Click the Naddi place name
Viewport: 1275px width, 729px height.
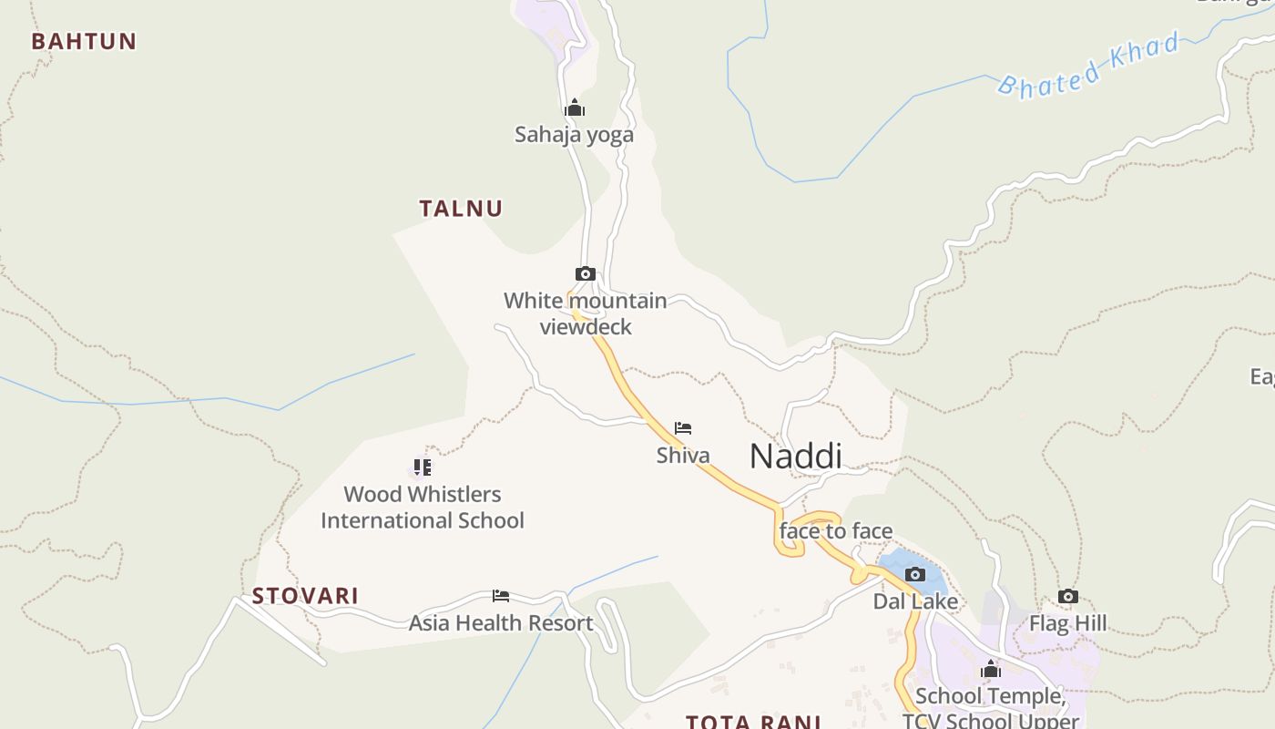(x=795, y=457)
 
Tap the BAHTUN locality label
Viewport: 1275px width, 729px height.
(x=84, y=41)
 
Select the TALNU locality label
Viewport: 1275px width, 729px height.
(x=461, y=208)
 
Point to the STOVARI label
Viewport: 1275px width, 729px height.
(x=305, y=596)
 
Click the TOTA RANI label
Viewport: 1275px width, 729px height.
(x=754, y=722)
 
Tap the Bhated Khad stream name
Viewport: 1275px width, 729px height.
(x=1089, y=64)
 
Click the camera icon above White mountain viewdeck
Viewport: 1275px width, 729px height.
(x=586, y=273)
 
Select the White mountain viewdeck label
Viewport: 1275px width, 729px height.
(x=586, y=313)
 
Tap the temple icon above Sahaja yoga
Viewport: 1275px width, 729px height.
(x=574, y=108)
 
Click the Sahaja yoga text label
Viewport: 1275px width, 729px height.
(x=574, y=135)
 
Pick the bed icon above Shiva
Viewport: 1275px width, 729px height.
(x=683, y=428)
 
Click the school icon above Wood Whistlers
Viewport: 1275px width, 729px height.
(x=422, y=467)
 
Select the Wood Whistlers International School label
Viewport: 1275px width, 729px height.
(x=423, y=508)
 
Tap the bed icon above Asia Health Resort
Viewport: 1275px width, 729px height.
(x=500, y=596)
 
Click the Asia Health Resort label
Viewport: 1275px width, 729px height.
(x=501, y=623)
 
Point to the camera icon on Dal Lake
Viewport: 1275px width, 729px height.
(x=915, y=574)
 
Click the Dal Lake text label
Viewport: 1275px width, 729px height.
(x=915, y=601)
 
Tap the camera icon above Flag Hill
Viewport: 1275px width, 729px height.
(x=1068, y=597)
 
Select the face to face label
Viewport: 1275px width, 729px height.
(x=836, y=531)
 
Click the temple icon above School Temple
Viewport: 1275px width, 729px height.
(x=991, y=670)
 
